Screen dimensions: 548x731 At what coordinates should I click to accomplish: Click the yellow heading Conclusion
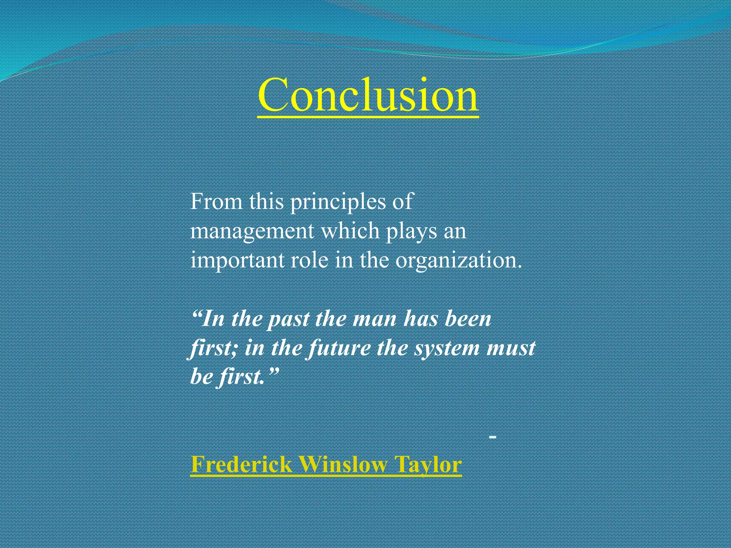[x=368, y=95]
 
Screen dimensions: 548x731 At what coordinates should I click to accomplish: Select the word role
[x=309, y=260]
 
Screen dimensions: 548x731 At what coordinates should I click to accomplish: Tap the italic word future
[x=339, y=348]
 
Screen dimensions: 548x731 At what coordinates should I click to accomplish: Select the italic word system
[x=447, y=348]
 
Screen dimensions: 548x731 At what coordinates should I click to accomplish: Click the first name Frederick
[x=242, y=465]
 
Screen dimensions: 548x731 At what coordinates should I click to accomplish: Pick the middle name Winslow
[x=343, y=465]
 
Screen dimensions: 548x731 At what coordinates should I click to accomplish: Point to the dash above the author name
[x=493, y=436]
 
